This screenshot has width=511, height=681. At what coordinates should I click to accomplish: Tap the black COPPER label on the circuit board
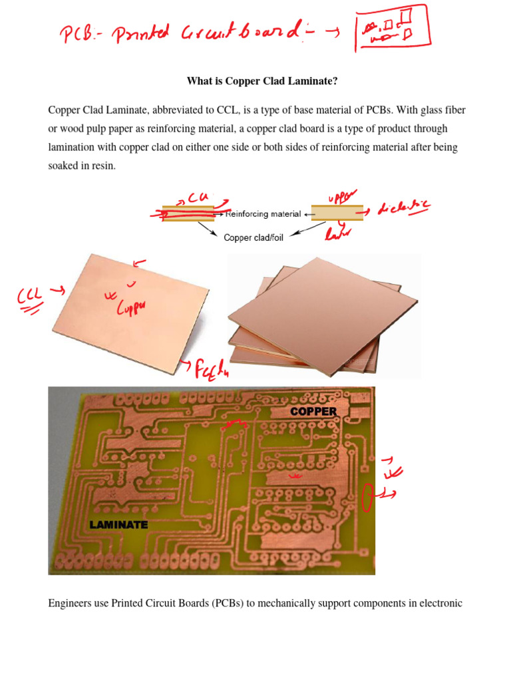[313, 412]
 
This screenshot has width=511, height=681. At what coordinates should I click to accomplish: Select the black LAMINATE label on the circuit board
[118, 525]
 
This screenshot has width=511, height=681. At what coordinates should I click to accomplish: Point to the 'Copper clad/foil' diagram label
[254, 237]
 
